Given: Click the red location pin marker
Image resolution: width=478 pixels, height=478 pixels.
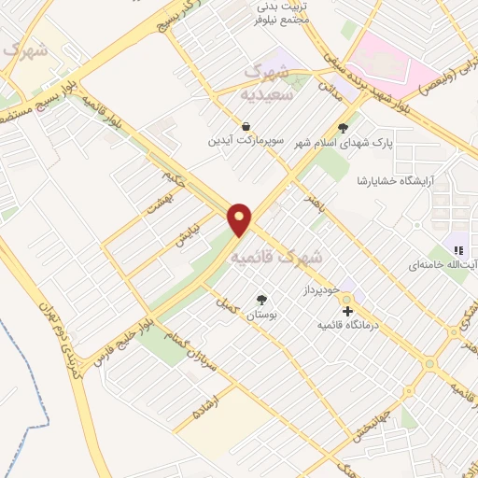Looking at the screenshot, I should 240,218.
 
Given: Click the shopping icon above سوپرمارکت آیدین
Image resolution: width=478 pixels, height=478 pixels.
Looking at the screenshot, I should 245,125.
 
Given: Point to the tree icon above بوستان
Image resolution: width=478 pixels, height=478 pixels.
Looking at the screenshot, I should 261,300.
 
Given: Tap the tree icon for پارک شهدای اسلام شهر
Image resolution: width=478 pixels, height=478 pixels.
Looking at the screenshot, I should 344,129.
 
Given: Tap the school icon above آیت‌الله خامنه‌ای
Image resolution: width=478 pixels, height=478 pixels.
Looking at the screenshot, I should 457,248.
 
